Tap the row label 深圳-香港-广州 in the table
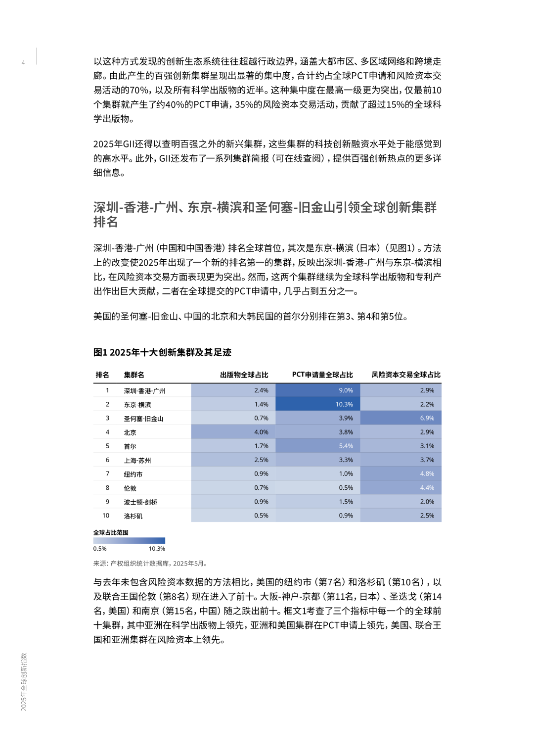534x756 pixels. click(144, 391)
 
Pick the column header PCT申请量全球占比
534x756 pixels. click(322, 375)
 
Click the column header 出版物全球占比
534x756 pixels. click(244, 375)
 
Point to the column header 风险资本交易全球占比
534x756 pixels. click(405, 375)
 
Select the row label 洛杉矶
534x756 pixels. click(133, 516)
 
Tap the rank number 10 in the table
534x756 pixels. click(106, 516)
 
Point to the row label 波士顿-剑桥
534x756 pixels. click(140, 502)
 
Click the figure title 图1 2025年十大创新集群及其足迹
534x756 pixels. click(162, 352)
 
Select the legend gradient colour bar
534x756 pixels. click(129, 541)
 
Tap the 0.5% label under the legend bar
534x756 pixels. click(100, 549)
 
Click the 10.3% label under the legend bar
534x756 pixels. click(157, 549)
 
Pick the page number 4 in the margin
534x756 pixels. click(23, 63)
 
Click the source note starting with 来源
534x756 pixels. click(151, 563)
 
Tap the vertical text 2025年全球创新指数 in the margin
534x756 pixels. click(24, 682)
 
